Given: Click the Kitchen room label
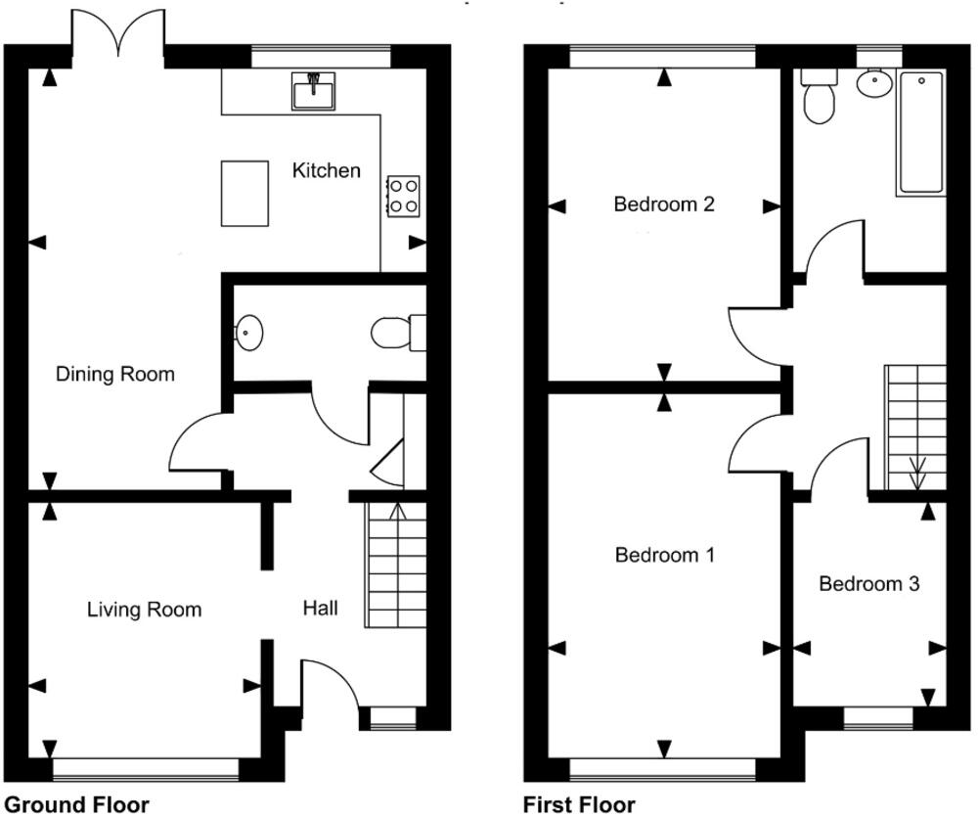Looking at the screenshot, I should coord(327,170).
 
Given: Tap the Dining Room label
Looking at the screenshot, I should coord(114,374).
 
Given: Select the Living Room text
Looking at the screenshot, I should coord(144,610).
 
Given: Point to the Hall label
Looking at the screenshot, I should coord(320,609).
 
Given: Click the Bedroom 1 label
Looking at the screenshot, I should coord(665,555).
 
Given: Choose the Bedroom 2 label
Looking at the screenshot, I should coord(664,204).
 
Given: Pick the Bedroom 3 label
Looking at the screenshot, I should coord(869,584).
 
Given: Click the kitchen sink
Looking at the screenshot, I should coord(313,91).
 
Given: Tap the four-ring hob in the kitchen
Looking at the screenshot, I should coord(404,196).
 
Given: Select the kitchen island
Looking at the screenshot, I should coord(245,194).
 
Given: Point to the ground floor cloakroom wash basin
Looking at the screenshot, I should coord(249,333).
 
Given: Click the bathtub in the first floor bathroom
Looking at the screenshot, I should coord(921,133).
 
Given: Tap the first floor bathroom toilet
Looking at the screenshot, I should coord(816,99).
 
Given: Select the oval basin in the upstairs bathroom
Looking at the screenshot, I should coord(873,84).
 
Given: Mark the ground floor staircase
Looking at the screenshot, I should coord(396,566).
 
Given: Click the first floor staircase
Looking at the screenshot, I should coord(915,428).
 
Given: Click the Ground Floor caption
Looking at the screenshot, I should coord(76,805).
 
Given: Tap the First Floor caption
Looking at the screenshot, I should coord(580,805).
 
